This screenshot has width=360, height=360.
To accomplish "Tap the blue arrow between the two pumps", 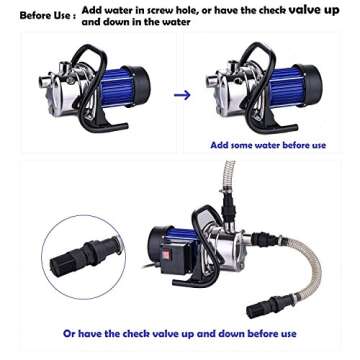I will click(x=182, y=95).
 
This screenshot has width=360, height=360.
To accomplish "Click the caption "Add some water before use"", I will click(x=268, y=144).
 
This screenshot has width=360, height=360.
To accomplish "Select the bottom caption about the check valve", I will click(x=180, y=333).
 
